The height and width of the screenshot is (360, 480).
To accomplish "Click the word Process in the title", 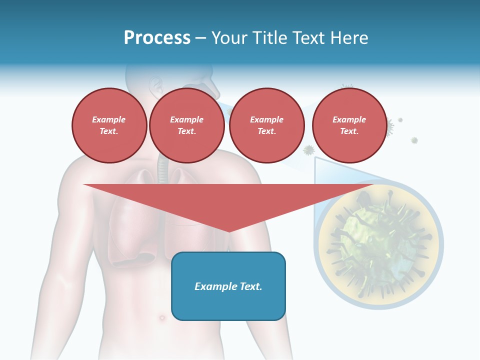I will pyautogui.click(x=157, y=38).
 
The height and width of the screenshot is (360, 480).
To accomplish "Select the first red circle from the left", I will pyautogui.click(x=109, y=125).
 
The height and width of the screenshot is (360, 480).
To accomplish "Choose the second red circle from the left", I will pyautogui.click(x=186, y=125).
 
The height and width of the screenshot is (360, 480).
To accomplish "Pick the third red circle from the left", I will pyautogui.click(x=266, y=125).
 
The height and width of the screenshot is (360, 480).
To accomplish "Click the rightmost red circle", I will pyautogui.click(x=349, y=125).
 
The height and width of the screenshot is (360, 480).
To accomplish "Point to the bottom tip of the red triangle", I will pyautogui.click(x=228, y=230).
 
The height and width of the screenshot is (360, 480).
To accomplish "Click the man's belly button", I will pyautogui.click(x=161, y=317).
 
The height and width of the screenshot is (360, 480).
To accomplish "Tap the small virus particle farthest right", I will pyautogui.click(x=414, y=140).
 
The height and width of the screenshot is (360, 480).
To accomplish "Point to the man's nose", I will pyautogui.click(x=213, y=90).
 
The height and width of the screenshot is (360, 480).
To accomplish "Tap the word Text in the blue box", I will pyautogui.click(x=250, y=286).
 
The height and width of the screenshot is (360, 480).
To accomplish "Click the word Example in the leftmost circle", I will pyautogui.click(x=109, y=119).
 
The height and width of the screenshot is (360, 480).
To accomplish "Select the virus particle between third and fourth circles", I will pyautogui.click(x=309, y=149).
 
